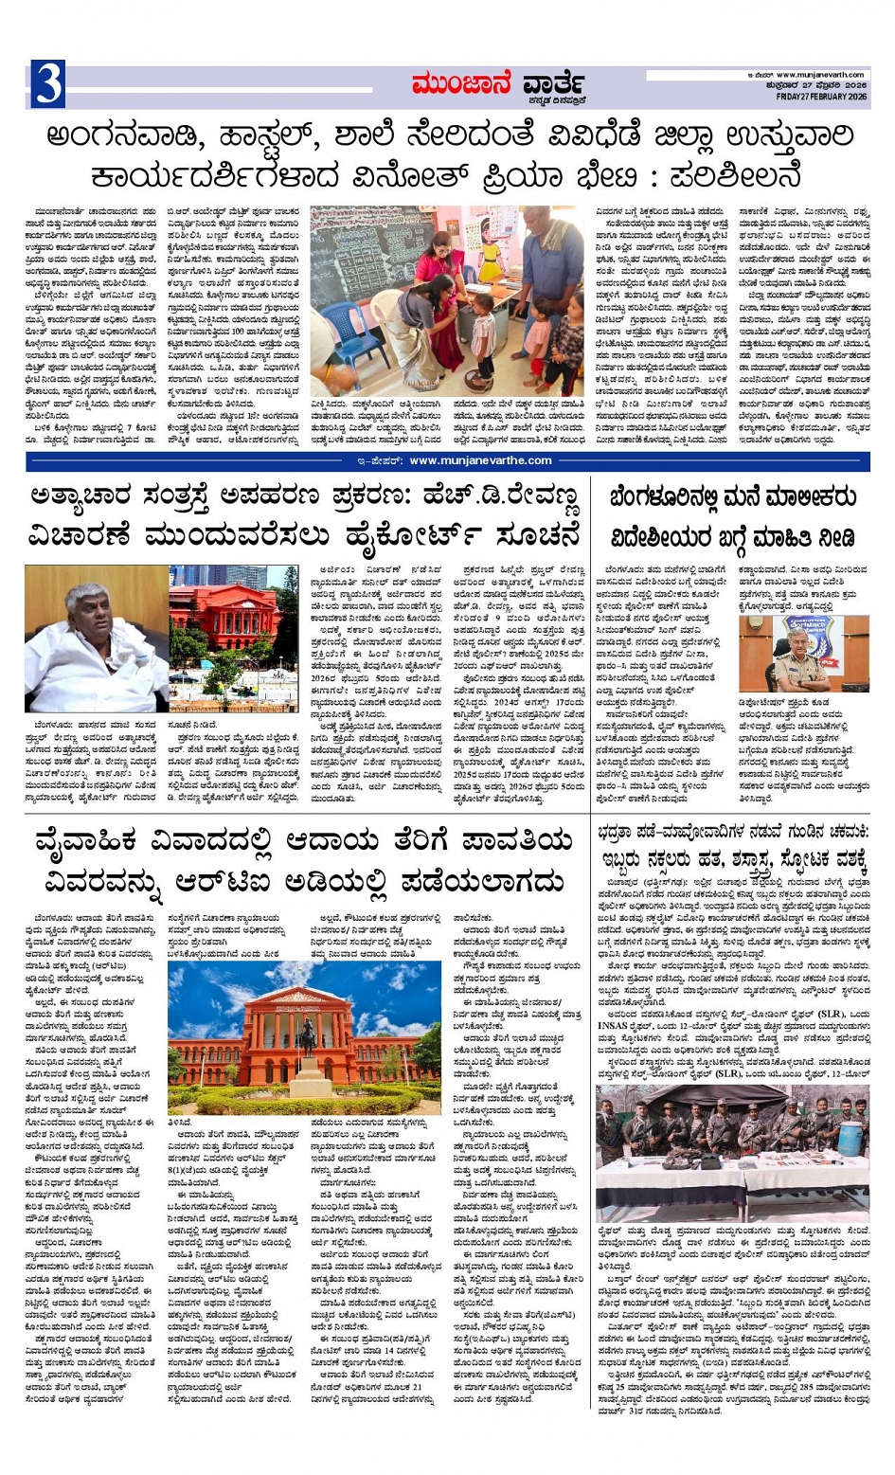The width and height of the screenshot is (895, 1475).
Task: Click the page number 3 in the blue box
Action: pos(48,83)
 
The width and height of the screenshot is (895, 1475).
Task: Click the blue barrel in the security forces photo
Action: pos(851,1137)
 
